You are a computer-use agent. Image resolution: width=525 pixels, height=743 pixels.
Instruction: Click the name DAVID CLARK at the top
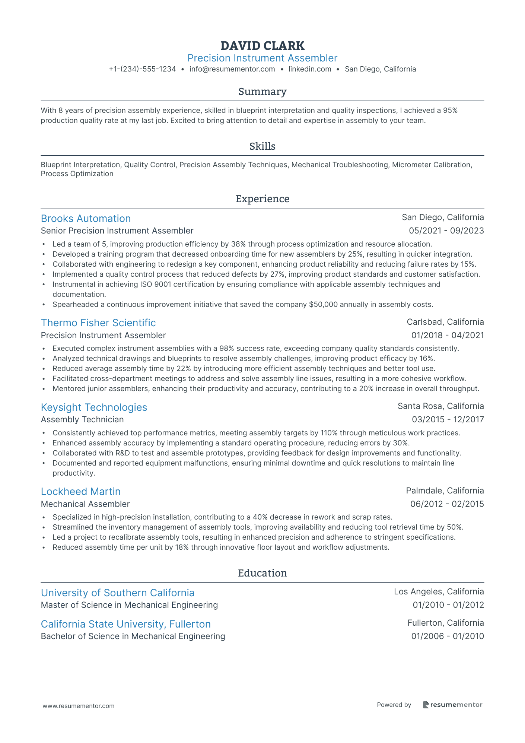coord(262,46)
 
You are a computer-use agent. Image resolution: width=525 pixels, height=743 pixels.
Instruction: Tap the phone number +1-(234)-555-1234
coord(142,69)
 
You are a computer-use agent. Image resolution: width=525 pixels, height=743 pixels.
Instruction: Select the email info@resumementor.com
coord(232,69)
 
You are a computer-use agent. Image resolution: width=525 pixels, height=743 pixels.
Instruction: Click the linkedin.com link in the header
coord(310,69)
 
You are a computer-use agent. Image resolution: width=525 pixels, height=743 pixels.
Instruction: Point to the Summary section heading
coord(262,92)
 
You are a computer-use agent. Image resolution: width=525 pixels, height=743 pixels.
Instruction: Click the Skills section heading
coord(262,146)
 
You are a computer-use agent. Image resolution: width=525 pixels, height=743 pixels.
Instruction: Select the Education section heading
coord(262,573)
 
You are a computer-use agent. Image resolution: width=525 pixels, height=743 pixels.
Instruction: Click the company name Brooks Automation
coord(86,219)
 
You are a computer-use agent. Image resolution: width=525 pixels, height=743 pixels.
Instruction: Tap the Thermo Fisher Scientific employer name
coord(98,323)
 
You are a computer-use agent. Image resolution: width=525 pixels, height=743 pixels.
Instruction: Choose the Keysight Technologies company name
coord(94,407)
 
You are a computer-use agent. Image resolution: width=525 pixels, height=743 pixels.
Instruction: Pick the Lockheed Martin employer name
coord(81,492)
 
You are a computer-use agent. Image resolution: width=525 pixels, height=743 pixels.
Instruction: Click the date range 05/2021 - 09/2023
coord(446,231)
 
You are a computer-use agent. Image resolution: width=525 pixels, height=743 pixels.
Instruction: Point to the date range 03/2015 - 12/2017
coord(448,420)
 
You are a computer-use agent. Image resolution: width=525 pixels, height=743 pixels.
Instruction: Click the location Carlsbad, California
coord(445,322)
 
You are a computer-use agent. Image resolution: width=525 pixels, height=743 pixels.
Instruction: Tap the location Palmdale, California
coord(445,490)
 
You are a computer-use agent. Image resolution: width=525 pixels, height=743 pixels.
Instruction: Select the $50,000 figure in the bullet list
coord(323,305)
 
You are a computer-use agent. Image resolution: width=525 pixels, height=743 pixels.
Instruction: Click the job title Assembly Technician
coord(82,420)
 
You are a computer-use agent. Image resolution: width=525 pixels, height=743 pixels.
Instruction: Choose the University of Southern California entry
coord(118,593)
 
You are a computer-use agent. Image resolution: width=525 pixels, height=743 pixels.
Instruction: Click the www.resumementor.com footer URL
coord(79,706)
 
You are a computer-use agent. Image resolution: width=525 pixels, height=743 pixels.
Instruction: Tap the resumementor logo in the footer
coord(452,705)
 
